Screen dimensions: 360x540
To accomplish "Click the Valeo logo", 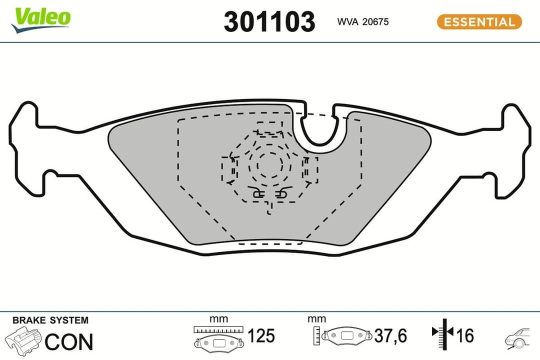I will (42, 19).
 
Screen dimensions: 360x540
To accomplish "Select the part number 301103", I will (269, 22).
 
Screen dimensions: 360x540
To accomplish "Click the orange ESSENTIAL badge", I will (479, 22).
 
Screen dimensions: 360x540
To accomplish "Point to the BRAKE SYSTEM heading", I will (50, 320).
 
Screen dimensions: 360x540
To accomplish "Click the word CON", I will (69, 341).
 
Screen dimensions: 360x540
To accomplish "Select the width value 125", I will (261, 335).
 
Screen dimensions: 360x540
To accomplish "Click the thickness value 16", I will (465, 335).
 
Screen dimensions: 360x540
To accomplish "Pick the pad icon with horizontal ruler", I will (219, 337).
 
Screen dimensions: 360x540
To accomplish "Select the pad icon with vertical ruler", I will (343, 335).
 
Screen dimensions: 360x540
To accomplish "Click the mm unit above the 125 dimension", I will (218, 318).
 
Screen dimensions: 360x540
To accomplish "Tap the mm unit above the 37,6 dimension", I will (317, 318).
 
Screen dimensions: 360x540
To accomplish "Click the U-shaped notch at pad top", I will (320, 129).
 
